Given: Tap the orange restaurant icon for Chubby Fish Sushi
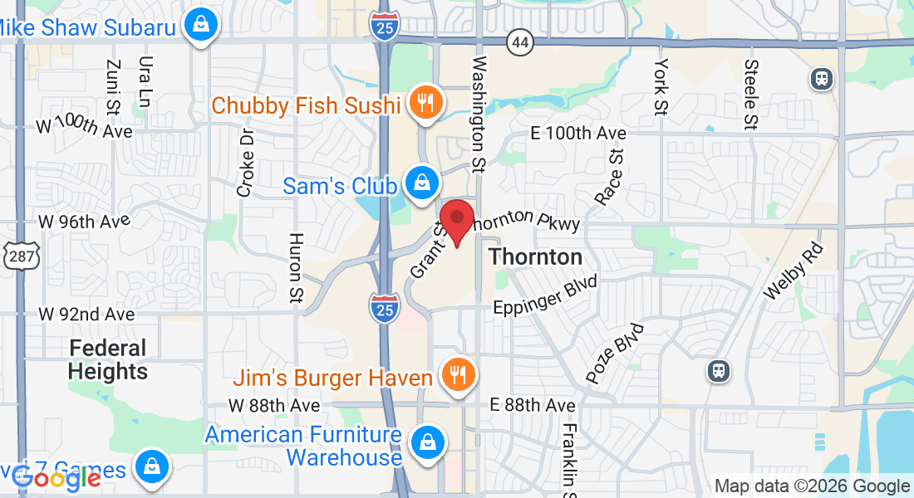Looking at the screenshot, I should pyautogui.click(x=426, y=103).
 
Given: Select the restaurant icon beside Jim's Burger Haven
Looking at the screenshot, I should pyautogui.click(x=456, y=376).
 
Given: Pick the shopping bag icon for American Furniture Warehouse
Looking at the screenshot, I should pyautogui.click(x=427, y=442).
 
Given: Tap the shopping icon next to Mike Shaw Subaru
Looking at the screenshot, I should pyautogui.click(x=200, y=25).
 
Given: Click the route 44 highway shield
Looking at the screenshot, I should pyautogui.click(x=520, y=43).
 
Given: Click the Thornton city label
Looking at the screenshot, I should pyautogui.click(x=535, y=256).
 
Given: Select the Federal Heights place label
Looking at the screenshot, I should pyautogui.click(x=108, y=359).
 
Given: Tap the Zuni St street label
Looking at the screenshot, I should pyautogui.click(x=114, y=87).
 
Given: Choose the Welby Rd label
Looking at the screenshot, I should pyautogui.click(x=793, y=271).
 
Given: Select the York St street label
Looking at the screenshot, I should pyautogui.click(x=661, y=86).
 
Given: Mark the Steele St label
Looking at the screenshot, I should pyautogui.click(x=751, y=95).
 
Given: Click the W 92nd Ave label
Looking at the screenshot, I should pyautogui.click(x=86, y=315).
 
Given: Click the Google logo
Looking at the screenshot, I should pyautogui.click(x=57, y=476).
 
